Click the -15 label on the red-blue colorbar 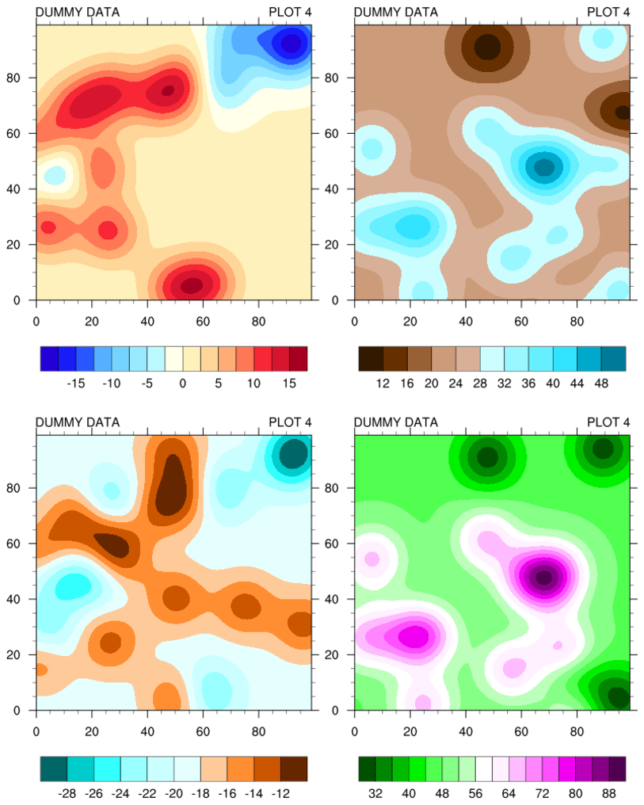pyautogui.click(x=76, y=383)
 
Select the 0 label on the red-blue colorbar pyautogui.click(x=183, y=383)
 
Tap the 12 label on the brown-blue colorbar pyautogui.click(x=383, y=383)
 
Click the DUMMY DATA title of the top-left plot pyautogui.click(x=78, y=12)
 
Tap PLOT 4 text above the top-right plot pyautogui.click(x=608, y=12)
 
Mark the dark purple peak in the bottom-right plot pyautogui.click(x=543, y=577)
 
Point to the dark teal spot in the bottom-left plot pyautogui.click(x=294, y=454)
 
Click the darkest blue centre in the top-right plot pyautogui.click(x=544, y=167)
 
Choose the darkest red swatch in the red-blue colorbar pyautogui.click(x=299, y=359)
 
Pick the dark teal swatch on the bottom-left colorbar pyautogui.click(x=53, y=769)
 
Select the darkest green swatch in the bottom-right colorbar pyautogui.click(x=367, y=769)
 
